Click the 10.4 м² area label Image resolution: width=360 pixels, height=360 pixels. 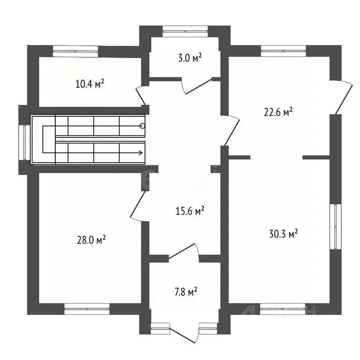[90, 84]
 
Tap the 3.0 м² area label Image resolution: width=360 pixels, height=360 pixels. [190, 58]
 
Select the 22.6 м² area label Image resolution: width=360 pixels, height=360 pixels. [278, 112]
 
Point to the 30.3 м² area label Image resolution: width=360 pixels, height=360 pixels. [283, 233]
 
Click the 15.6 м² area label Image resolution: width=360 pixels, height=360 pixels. [190, 211]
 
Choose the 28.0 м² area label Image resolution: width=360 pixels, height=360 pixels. [91, 240]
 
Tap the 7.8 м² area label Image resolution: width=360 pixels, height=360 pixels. [186, 292]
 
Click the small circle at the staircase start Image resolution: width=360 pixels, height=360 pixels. [142, 126]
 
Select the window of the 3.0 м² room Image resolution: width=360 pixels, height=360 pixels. [185, 31]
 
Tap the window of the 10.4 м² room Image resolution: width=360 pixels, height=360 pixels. [75, 51]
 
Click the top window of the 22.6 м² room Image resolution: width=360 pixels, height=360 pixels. [283, 51]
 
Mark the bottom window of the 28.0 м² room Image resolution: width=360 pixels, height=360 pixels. [87, 309]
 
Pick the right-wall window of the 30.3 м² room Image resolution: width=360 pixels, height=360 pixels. [336, 226]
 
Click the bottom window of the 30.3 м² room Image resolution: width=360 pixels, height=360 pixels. [283, 309]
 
